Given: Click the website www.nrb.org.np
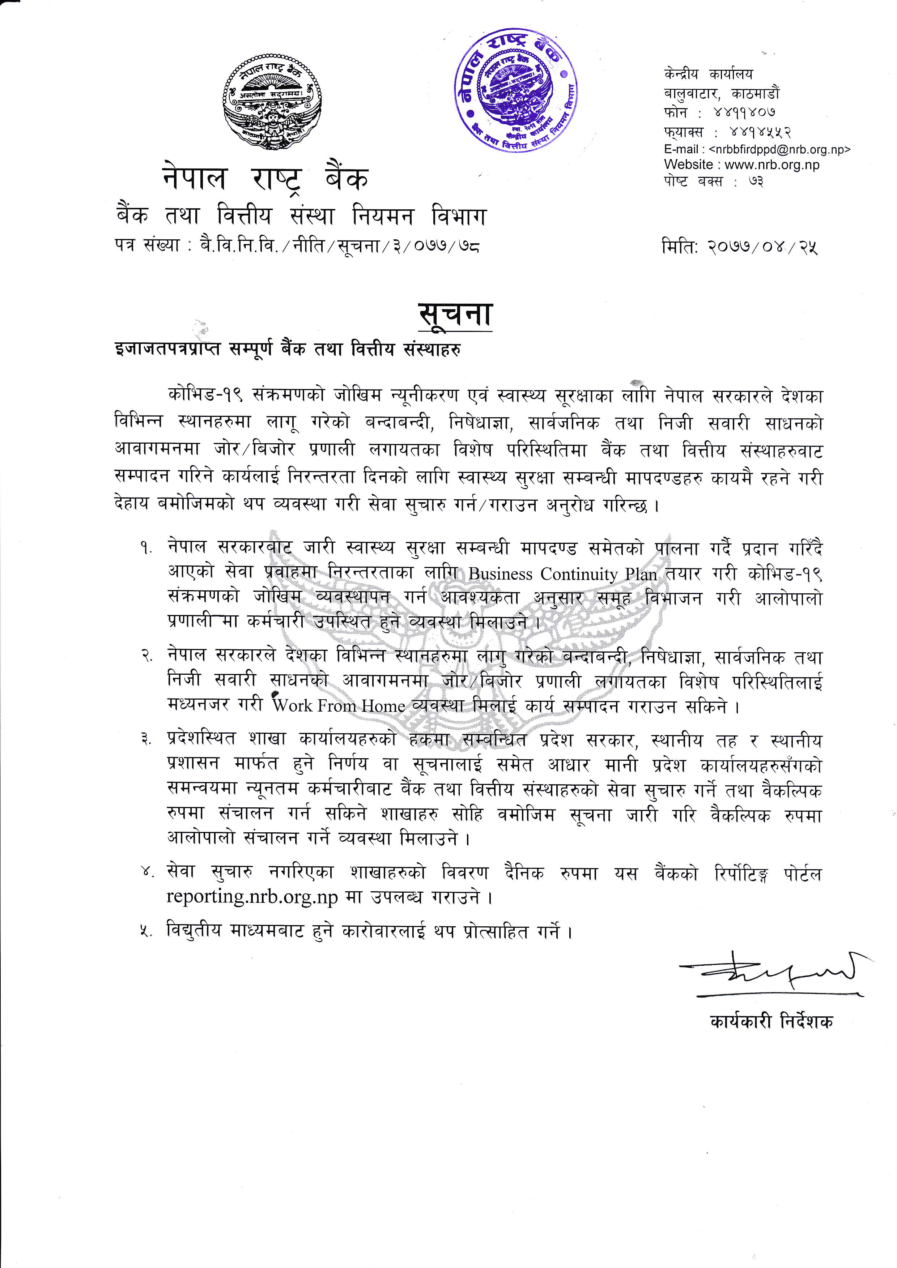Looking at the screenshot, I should tap(771, 165).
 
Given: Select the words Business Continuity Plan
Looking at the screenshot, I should tap(562, 575).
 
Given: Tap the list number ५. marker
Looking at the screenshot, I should tap(146, 933).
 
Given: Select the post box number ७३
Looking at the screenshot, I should tap(756, 181).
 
